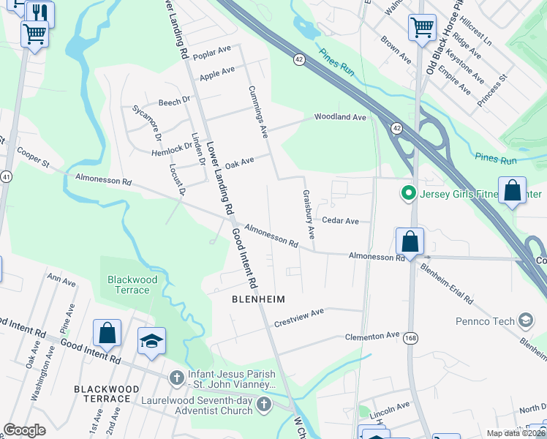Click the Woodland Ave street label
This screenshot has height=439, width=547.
(x=340, y=117)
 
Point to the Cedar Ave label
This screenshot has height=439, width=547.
(x=340, y=220)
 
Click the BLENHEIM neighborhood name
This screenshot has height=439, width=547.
(x=257, y=299)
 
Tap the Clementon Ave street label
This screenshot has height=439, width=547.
(x=373, y=336)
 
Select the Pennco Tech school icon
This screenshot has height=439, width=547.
(x=525, y=320)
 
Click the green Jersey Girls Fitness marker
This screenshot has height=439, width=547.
(x=407, y=194)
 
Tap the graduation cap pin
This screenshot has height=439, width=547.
(x=152, y=341)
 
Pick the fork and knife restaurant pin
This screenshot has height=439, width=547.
(x=39, y=12)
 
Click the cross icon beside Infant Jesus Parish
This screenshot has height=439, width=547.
(x=176, y=378)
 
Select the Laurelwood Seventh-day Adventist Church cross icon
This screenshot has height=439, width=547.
(x=264, y=405)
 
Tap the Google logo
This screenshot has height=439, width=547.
(x=25, y=430)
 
